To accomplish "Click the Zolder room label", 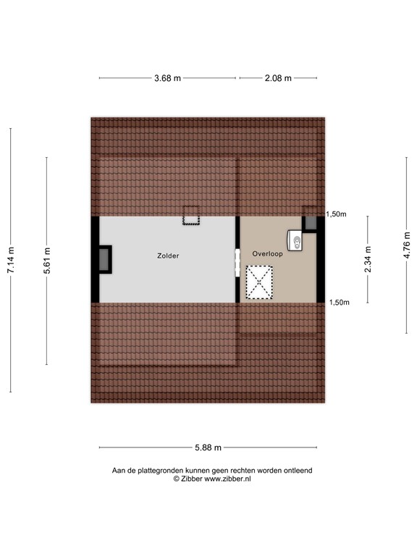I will point(168,256).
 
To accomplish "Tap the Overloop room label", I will point(267,254).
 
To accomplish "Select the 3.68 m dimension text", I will point(168,78).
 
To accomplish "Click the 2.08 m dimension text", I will point(278,78).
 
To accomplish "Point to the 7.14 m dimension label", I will point(11,261).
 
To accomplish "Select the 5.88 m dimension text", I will point(207,447).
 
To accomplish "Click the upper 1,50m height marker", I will point(337,214).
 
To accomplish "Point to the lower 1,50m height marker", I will point(339,303).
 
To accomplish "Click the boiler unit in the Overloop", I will point(295,238).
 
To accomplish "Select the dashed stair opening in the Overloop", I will point(260,282).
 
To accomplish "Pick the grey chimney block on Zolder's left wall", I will point(105,259).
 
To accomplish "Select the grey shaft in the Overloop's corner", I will point(310,223).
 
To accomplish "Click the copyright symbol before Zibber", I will point(176,479).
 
